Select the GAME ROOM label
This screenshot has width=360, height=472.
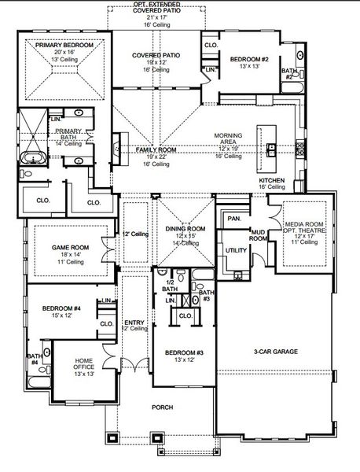pos(70,247)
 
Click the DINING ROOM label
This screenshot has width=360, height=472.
pos(185,228)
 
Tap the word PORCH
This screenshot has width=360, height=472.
pos(163,407)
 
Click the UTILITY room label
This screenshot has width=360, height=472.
pos(236,249)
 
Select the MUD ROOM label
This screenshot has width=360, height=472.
pos(258,234)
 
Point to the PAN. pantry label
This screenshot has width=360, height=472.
pos(233,217)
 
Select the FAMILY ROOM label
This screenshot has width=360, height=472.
pos(156,149)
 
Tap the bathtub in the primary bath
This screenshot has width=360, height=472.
pos(33,158)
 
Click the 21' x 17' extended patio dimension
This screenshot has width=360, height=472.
pos(156,16)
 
